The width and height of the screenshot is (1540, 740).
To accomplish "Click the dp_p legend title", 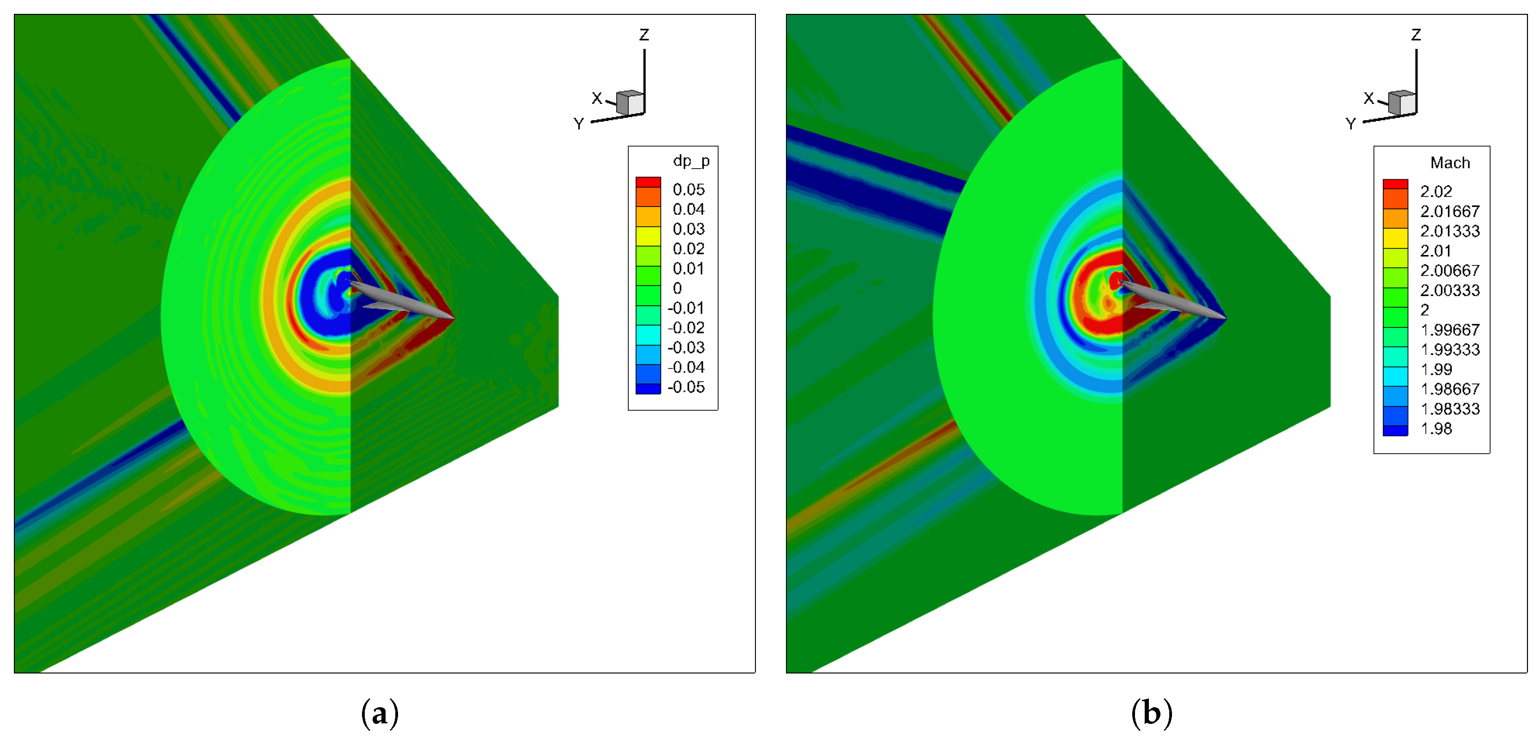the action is pyautogui.click(x=691, y=161).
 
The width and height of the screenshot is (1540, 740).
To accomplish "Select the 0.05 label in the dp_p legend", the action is pyautogui.click(x=689, y=189).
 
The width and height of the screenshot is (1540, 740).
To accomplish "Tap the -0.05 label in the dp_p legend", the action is pyautogui.click(x=686, y=387).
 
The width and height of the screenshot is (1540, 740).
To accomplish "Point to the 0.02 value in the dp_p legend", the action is pyautogui.click(x=689, y=249).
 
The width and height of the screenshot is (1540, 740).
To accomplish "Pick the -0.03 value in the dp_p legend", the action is pyautogui.click(x=686, y=348).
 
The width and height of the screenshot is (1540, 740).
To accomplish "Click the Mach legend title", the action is pyautogui.click(x=1450, y=163).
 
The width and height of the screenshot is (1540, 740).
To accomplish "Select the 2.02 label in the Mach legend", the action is pyautogui.click(x=1436, y=191).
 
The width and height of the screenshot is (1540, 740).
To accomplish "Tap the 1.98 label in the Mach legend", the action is pyautogui.click(x=1436, y=428).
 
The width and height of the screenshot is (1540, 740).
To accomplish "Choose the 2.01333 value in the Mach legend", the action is pyautogui.click(x=1450, y=230).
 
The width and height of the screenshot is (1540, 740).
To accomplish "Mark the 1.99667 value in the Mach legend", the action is pyautogui.click(x=1450, y=330).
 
